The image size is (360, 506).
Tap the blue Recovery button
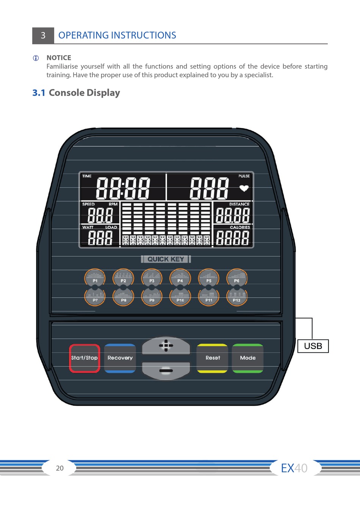click(120, 358)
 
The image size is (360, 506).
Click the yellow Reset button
click(213, 358)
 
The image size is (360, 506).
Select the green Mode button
click(247, 358)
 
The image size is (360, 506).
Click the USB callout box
click(313, 346)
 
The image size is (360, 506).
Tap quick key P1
click(95, 278)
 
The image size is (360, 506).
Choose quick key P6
click(237, 278)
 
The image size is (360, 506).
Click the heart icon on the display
click(244, 188)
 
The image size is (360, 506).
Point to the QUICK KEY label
click(166, 259)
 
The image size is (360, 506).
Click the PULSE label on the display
click(244, 176)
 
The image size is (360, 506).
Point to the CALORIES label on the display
click(240, 227)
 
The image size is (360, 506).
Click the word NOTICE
click(59, 58)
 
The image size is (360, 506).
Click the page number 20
click(60, 468)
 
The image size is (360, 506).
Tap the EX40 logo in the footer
click(294, 468)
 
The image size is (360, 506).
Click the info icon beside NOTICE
click(36, 58)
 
